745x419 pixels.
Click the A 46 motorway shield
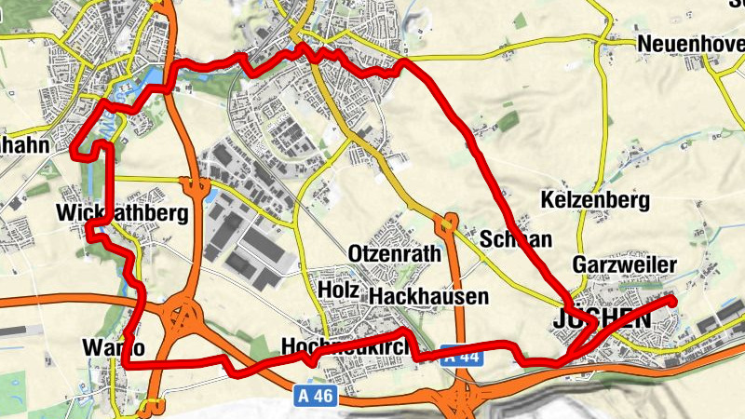pos(316,395)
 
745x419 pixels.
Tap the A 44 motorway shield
pos(462,355)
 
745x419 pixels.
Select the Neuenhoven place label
pos(690,44)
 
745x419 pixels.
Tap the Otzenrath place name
pos(392,253)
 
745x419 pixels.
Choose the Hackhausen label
pos(428,296)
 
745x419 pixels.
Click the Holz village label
pos(338,290)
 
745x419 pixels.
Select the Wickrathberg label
pos(122,213)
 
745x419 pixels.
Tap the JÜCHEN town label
pos(601,319)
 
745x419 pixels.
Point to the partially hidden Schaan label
pos(516,239)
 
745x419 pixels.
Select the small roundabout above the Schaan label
pos(450,222)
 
